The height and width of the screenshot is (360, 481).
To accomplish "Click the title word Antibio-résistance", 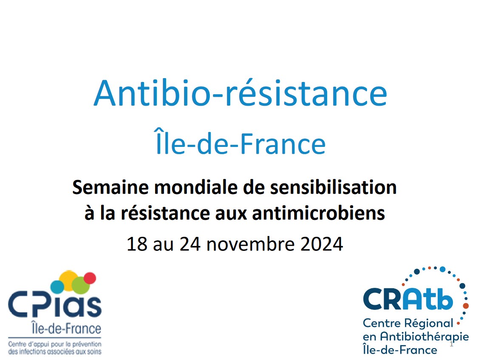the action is tap(240, 93).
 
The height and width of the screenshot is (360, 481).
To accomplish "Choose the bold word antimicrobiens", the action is tap(318, 213).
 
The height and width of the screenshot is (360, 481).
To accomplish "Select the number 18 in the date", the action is tap(137, 244).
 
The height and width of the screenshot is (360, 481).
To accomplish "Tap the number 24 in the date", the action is tap(190, 244).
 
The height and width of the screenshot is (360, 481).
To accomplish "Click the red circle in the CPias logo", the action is tap(90, 278).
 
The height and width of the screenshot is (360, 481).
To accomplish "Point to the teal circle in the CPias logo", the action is tap(57, 287).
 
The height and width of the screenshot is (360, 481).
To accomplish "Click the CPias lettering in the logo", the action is tap(55, 306).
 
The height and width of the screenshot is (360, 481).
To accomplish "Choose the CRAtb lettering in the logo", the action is tap(408, 299).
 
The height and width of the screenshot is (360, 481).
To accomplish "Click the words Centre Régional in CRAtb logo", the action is tap(408, 323).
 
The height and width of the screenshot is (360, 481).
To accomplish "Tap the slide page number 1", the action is tap(451, 344).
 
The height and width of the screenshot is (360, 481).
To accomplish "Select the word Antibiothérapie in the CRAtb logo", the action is tap(424, 337).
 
